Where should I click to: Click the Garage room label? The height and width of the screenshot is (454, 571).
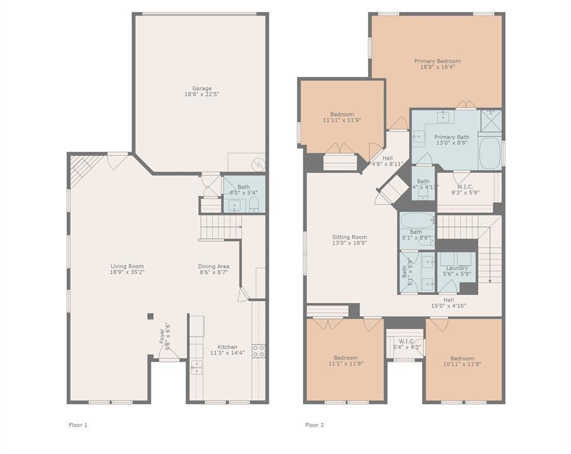pos(202,89)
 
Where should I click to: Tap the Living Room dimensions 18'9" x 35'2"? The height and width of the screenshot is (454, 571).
pos(127,273)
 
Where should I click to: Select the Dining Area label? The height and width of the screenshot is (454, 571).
pos(213,266)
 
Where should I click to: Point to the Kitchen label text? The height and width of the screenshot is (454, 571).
pos(227,347)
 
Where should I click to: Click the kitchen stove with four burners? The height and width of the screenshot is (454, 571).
pos(258,351)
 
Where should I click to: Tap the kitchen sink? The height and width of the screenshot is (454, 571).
pos(196,367)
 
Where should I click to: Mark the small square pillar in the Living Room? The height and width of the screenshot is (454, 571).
pos(151,316)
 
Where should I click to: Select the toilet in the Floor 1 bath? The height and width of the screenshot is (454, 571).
pos(254,205)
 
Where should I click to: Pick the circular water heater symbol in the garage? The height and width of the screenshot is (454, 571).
pos(258,163)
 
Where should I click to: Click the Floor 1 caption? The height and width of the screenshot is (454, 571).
pos(78,424)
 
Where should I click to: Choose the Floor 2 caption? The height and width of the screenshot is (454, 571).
pos(314,424)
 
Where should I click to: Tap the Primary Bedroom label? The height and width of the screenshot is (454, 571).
pos(437,61)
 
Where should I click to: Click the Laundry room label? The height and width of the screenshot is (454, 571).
pos(457,268)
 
